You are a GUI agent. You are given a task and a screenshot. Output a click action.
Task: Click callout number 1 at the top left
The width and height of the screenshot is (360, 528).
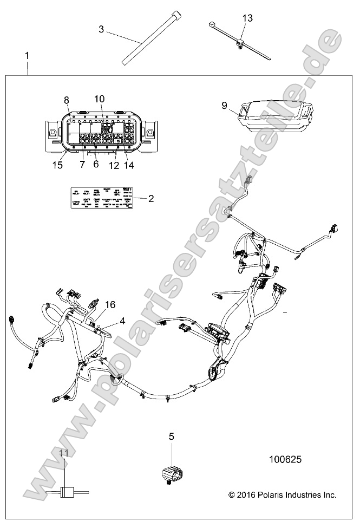[27, 56]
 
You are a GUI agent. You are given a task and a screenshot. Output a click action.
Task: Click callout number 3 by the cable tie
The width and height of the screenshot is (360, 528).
[101, 29]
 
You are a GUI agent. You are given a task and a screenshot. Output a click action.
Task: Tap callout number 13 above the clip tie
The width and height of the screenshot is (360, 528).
[247, 18]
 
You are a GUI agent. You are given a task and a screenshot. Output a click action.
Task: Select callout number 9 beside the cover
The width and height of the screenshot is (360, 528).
[225, 106]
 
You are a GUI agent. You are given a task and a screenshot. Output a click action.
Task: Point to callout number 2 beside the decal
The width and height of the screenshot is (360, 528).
[151, 198]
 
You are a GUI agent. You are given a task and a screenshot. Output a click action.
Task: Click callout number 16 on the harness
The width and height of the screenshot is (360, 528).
[110, 305]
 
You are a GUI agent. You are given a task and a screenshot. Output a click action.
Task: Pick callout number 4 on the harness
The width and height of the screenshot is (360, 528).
[122, 321]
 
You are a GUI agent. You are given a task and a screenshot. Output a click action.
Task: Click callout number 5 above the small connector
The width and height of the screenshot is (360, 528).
[171, 435]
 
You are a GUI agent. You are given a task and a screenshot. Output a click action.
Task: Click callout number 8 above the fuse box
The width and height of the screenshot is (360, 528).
[67, 100]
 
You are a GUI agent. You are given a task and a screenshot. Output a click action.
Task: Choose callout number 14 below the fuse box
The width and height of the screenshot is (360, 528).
[129, 164]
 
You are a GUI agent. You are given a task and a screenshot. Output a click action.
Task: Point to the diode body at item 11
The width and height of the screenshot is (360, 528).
[66, 492]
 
